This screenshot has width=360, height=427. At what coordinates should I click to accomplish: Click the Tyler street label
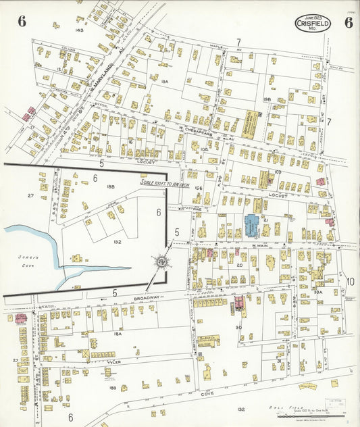tap(112, 362)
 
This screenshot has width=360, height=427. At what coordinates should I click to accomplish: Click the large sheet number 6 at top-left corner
tap(22, 21)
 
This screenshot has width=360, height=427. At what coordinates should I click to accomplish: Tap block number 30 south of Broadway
tap(238, 327)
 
